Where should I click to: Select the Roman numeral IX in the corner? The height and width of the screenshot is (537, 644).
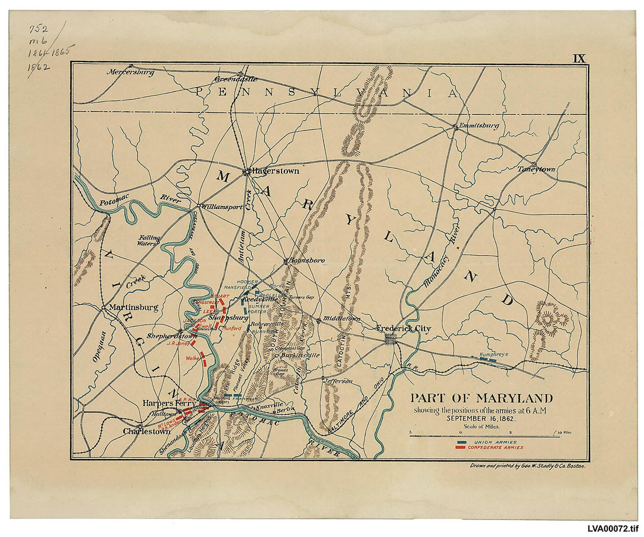[578, 58]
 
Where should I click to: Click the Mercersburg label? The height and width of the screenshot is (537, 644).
[130, 72]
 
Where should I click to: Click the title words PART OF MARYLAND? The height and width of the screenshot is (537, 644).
[481, 398]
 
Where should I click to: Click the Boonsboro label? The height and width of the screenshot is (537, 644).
[307, 261]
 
